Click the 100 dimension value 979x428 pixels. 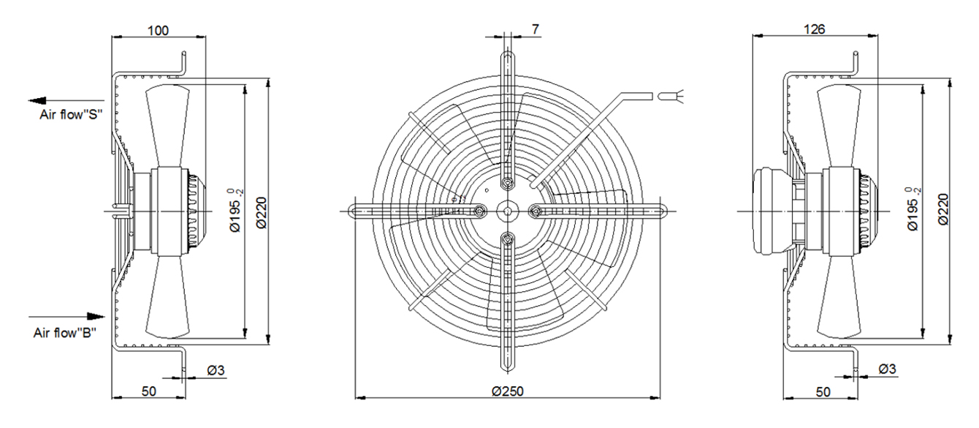click(x=158, y=31)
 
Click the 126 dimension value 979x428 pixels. click(x=814, y=29)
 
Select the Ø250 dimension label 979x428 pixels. click(x=508, y=391)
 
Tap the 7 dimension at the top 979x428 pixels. click(x=536, y=29)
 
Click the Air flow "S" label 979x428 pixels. click(x=71, y=115)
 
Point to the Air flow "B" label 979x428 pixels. click(x=65, y=333)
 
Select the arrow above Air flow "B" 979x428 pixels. click(x=66, y=316)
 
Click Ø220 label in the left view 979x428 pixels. click(x=262, y=213)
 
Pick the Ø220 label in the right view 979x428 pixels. click(x=943, y=209)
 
